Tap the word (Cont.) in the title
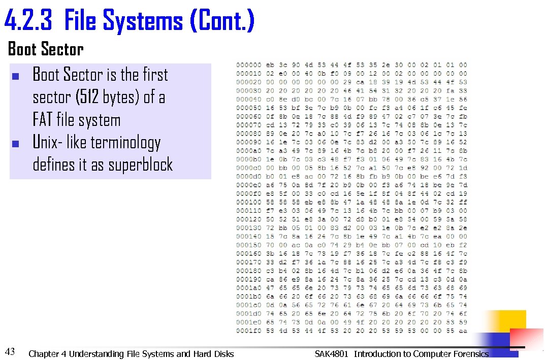(221, 21)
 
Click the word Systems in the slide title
(143, 21)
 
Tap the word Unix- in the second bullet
(47, 143)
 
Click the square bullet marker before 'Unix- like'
(15, 144)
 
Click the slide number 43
(10, 350)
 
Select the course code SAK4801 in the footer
(332, 354)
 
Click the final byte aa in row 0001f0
(463, 331)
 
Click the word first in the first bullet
(155, 75)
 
